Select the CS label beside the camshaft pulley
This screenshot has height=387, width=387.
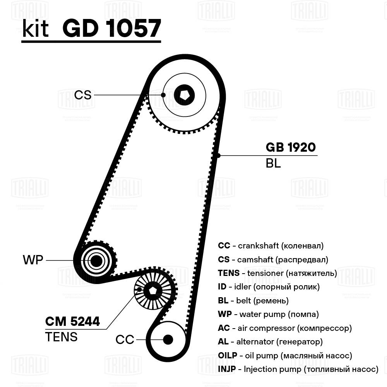pos(83,95)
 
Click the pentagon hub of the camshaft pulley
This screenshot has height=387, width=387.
pos(184,94)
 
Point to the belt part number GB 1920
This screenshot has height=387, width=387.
pos(291,147)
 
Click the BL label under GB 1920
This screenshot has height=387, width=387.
pos(273,163)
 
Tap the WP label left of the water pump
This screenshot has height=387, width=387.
pos(33,260)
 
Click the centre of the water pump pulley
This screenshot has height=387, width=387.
pos(96,261)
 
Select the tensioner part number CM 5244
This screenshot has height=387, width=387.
pos(73,321)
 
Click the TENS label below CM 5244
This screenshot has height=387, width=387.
pos(61,337)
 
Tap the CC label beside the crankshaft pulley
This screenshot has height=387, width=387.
pos(125,340)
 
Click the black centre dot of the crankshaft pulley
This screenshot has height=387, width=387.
pos(168,339)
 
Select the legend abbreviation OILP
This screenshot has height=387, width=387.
pos(227,356)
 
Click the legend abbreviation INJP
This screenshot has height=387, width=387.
pos(227,370)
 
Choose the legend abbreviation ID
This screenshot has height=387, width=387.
pos(222,287)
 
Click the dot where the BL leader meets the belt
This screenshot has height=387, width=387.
pos(218,156)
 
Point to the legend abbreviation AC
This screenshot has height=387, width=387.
pos(224,328)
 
